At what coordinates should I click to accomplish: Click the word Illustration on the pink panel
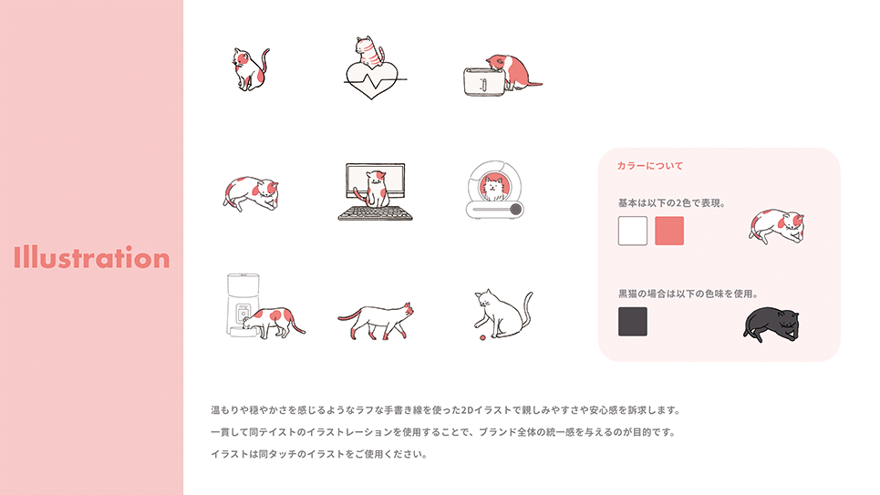click(x=91, y=257)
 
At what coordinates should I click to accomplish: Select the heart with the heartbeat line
click(x=371, y=79)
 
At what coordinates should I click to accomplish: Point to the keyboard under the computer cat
click(x=376, y=213)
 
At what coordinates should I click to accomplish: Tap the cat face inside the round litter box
click(x=494, y=188)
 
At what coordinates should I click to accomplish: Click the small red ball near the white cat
click(x=481, y=338)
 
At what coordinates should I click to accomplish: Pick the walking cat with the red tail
click(x=376, y=321)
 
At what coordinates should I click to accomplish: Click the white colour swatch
click(x=633, y=231)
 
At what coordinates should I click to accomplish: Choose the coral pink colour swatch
click(x=669, y=231)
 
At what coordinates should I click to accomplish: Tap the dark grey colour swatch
click(x=633, y=322)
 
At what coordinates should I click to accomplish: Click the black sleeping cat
click(x=771, y=325)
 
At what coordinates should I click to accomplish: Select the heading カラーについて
click(x=650, y=166)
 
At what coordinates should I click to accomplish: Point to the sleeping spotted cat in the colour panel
click(x=777, y=226)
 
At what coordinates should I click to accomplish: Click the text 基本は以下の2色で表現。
click(x=671, y=203)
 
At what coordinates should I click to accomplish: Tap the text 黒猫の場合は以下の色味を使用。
click(x=688, y=294)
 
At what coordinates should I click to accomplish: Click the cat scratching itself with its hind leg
click(x=250, y=69)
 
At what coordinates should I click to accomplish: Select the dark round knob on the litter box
click(x=515, y=210)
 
